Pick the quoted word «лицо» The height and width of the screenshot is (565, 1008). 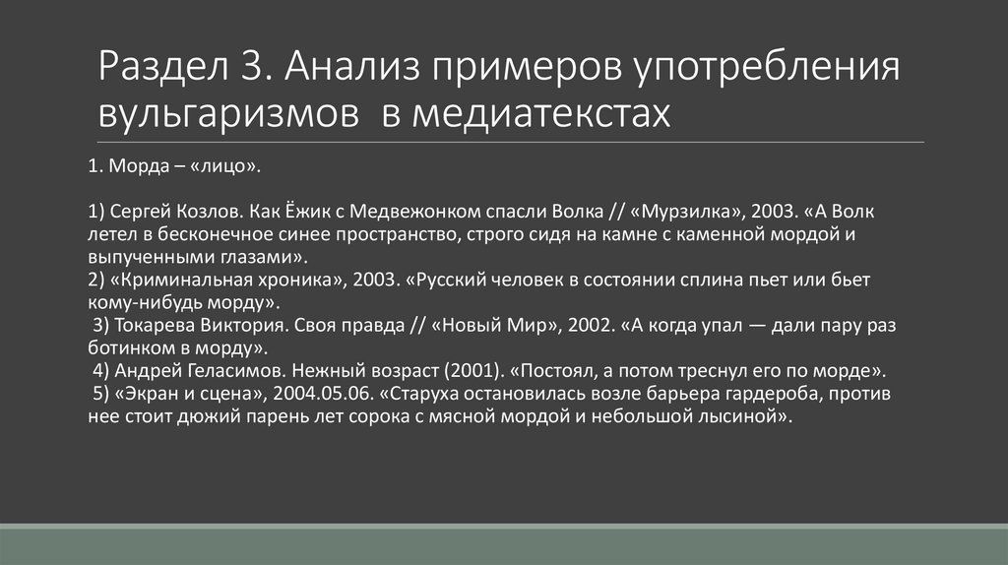[230, 168]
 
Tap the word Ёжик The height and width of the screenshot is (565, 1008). [304, 211]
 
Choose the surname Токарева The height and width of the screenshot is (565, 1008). [159, 326]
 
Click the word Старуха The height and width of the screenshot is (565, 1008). [426, 395]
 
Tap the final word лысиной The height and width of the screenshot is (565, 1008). [746, 417]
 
